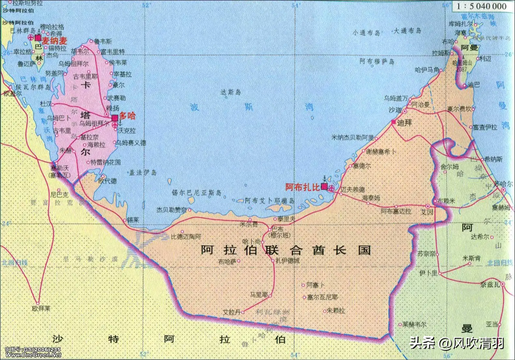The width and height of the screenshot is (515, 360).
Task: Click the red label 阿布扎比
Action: (x=302, y=187)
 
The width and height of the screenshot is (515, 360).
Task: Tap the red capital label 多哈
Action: (x=128, y=116)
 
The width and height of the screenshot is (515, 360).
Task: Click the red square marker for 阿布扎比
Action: (x=324, y=187)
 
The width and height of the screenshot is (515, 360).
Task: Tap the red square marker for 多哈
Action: (x=115, y=118)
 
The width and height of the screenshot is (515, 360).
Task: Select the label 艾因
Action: (x=427, y=212)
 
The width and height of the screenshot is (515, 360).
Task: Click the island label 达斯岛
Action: (x=230, y=92)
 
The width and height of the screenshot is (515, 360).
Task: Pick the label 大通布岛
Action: (x=407, y=31)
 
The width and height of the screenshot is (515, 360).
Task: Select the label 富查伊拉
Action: (x=485, y=127)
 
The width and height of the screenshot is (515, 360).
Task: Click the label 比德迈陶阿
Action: (x=186, y=236)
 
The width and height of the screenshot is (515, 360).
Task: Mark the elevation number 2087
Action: (x=462, y=69)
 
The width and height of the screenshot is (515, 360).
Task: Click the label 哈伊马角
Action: (x=427, y=70)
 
